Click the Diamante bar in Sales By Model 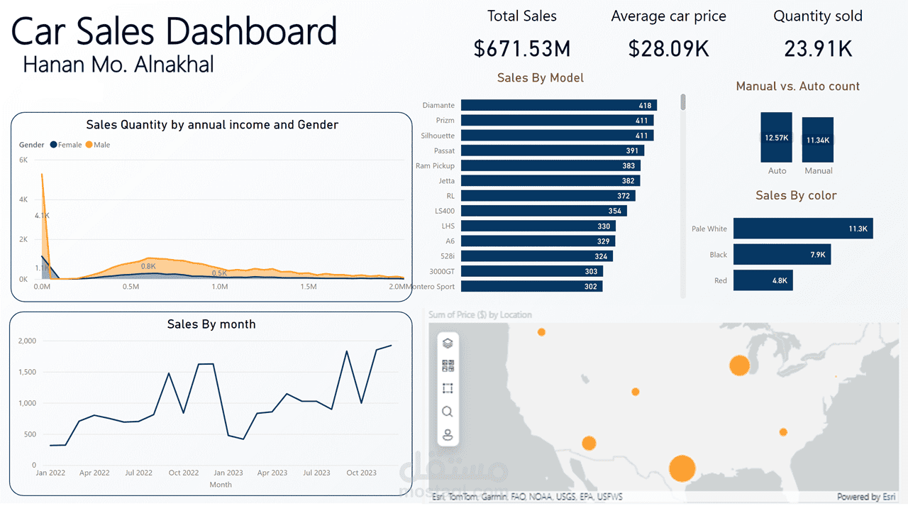pos(558,105)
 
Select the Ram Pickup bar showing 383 pos(550,165)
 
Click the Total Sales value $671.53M pos(521,48)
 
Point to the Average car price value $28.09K pos(668,48)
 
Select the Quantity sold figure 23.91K pos(818,48)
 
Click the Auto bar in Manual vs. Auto pos(777,137)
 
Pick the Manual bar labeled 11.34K pos(818,140)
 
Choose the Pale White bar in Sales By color pos(803,229)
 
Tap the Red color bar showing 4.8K pos(763,280)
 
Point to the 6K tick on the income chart pos(23,160)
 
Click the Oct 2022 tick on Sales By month pos(184,473)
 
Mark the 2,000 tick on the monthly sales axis pos(27,341)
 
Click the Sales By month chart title pos(211,324)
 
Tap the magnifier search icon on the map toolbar pos(448,412)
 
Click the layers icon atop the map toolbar pos(448,344)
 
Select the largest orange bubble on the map pos(682,468)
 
